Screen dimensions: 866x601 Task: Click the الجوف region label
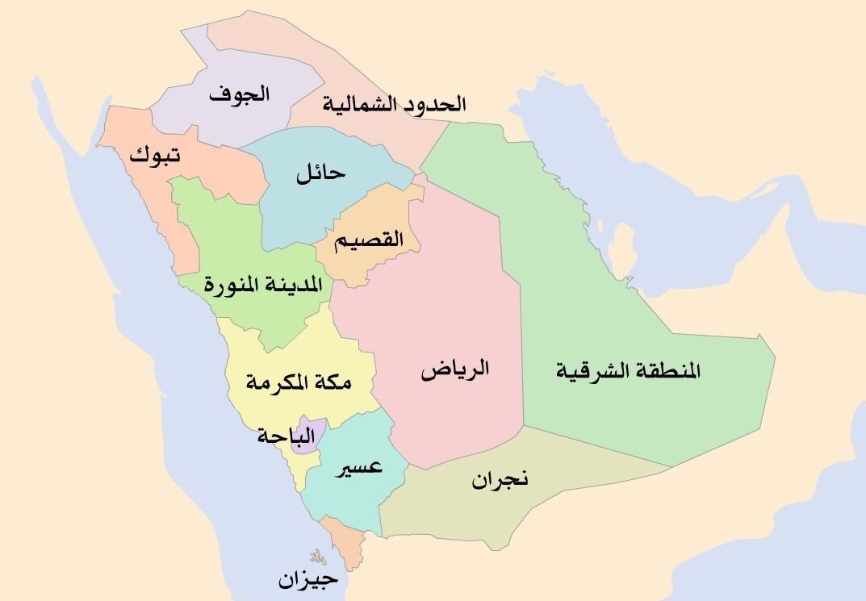click(239, 94)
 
